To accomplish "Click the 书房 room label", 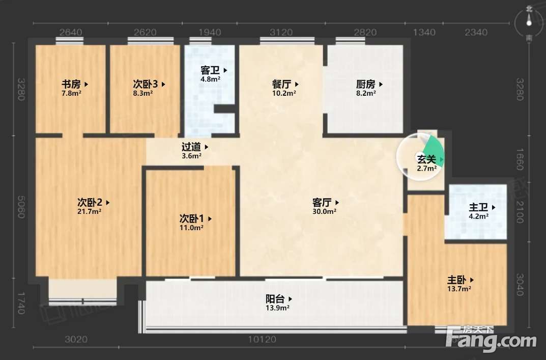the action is tap(71, 84).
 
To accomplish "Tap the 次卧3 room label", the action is tap(145, 84).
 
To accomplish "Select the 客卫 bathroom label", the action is tap(210, 70).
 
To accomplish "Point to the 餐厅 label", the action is tap(282, 84).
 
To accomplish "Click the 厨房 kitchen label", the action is tap(366, 84).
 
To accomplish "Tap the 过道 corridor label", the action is tap(191, 147).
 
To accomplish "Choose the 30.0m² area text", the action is tap(324, 211).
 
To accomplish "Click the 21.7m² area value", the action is tap(89, 211).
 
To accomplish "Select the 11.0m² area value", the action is tap(191, 228).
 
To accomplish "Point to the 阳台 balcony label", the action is tap(275, 299).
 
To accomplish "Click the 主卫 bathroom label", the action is tap(478, 207).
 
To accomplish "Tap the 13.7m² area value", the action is tap(459, 289).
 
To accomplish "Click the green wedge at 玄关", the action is tap(435, 153).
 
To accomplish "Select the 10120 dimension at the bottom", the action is tap(262, 339).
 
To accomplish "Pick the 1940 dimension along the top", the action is tap(210, 33).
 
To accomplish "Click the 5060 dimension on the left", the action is tap(21, 207).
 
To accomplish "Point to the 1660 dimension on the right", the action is tap(520, 159).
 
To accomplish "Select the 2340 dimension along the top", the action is tap(476, 33).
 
